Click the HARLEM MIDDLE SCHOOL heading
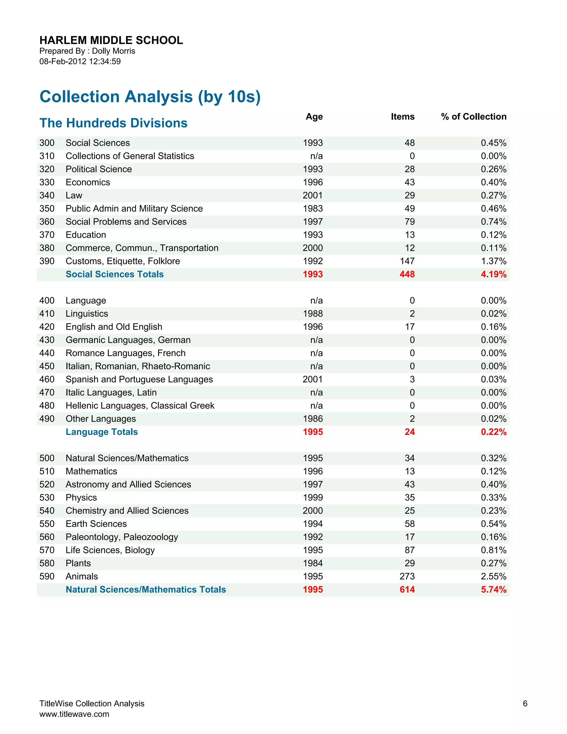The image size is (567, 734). coord(111,40)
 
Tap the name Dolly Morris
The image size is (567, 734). coord(114,51)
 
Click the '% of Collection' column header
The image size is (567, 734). coord(474,117)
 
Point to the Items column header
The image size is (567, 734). coord(402,117)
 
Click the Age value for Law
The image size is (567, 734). coord(312,195)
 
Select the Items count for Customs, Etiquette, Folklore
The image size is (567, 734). coord(407,261)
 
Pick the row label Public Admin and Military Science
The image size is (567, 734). coord(134,209)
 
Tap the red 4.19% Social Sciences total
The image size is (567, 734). coord(493,274)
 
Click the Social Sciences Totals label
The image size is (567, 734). coord(115,274)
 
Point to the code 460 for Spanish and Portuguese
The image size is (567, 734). coord(47,379)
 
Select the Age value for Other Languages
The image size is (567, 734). coord(312,419)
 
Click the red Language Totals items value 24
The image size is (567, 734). coord(409,432)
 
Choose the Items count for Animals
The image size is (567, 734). coord(407,576)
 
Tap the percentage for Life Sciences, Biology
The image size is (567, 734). coord(493,550)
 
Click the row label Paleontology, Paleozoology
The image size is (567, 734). coord(122,537)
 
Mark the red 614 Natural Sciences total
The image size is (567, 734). coord(407,589)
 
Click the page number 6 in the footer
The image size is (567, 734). coord(525,704)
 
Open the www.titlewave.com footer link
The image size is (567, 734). coord(74,714)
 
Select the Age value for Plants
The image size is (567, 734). coord(312,563)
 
